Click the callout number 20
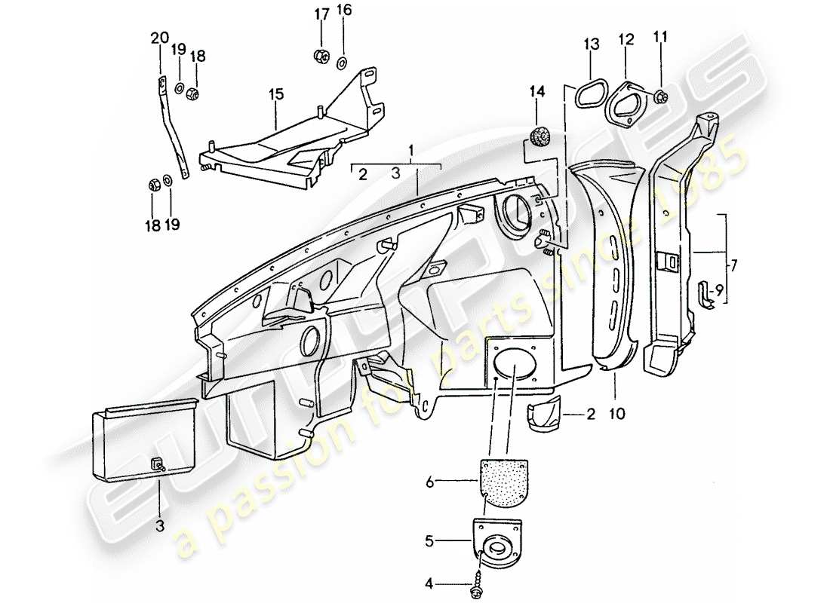point(159,38)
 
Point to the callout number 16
point(344,10)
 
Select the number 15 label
point(276,95)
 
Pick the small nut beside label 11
point(661,96)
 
